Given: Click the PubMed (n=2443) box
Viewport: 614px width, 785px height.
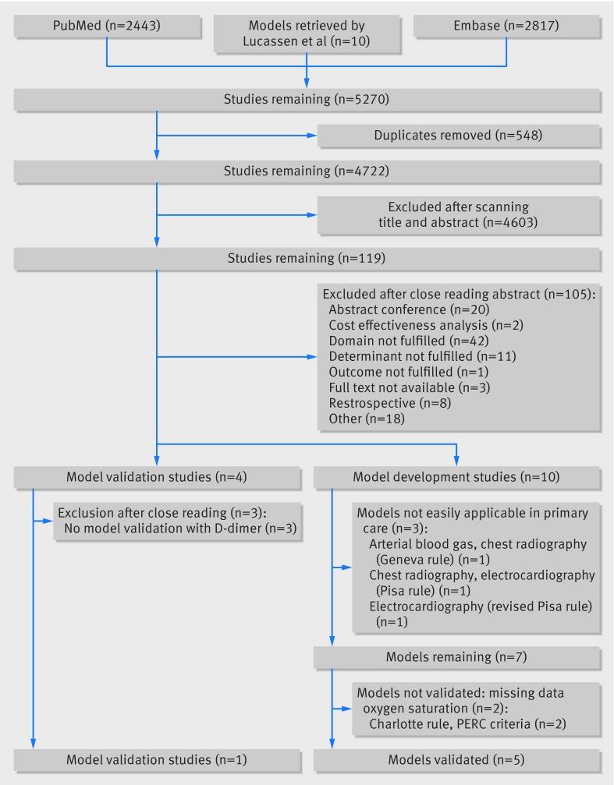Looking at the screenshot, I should point(106,27).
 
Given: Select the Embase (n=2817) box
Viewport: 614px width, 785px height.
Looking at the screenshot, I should point(506,27).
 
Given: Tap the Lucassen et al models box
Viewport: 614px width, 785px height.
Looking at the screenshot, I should point(307,34).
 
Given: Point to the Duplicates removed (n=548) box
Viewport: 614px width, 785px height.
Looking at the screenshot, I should point(457,135).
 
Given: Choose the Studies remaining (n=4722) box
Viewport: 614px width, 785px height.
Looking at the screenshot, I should point(307,171).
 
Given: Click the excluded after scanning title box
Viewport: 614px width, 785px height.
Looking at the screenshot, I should point(457,214).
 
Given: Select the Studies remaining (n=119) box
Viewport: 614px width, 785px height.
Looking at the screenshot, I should point(307,258).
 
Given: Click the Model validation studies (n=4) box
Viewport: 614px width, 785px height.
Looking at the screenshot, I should point(157,477).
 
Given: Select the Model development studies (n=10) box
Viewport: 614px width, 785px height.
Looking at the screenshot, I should point(457,477).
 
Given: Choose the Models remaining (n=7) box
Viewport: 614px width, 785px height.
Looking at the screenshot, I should point(457,657).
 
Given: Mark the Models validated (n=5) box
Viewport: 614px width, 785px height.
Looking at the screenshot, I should point(457,760).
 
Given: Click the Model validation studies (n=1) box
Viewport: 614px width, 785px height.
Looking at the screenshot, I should point(157,760).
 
